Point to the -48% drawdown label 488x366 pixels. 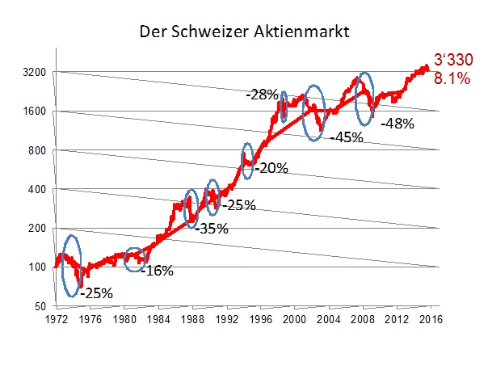pos(398,124)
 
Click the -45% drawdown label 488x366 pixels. pos(346,137)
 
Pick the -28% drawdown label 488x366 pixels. pos(263,95)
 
